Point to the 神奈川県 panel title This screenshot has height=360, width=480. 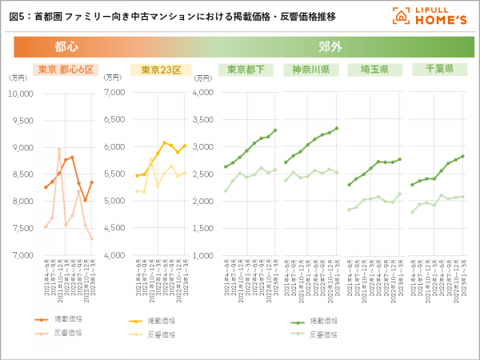point(312,70)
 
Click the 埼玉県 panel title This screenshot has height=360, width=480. point(374,70)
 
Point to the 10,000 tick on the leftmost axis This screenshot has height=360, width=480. point(20,93)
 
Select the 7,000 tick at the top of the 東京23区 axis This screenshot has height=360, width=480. point(116,93)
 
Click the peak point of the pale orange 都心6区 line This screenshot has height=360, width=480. point(59,149)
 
